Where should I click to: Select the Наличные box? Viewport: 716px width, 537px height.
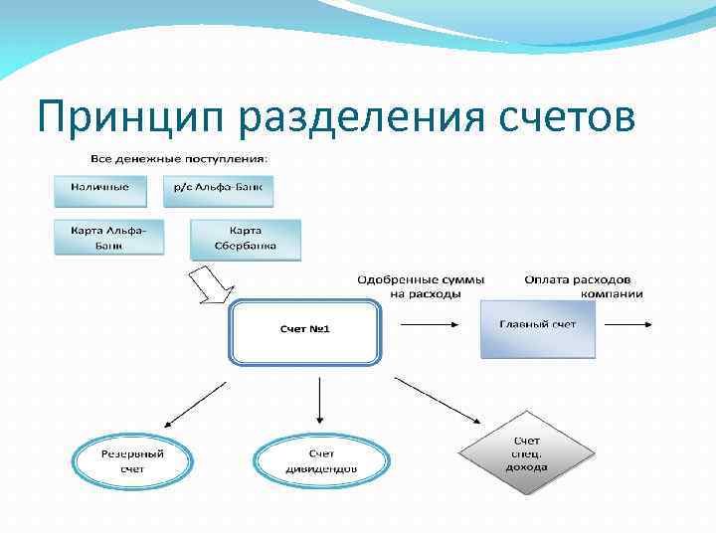(99, 189)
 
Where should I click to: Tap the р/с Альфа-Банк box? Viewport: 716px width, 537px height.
(218, 189)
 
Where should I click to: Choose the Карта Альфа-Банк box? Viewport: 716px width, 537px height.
(108, 237)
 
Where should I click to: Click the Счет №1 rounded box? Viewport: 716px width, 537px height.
(304, 331)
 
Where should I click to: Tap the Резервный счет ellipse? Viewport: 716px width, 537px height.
(132, 460)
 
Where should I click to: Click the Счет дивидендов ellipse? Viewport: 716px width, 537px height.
(319, 460)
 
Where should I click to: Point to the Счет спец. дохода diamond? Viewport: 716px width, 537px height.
(526, 453)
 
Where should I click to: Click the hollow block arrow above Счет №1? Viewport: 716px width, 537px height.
(212, 284)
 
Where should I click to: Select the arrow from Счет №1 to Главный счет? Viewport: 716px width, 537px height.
(429, 323)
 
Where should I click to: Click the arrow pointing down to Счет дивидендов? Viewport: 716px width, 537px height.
(318, 404)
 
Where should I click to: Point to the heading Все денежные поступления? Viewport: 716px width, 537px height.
(179, 157)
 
